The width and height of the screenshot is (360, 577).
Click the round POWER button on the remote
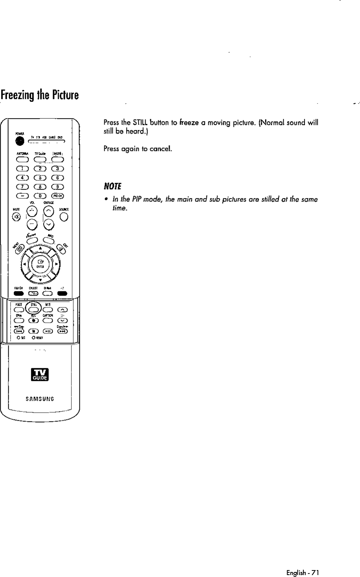pyautogui.click(x=19, y=141)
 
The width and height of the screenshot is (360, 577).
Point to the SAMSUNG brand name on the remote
pyautogui.click(x=39, y=398)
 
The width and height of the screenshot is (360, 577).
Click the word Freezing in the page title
pyautogui.click(x=17, y=94)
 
